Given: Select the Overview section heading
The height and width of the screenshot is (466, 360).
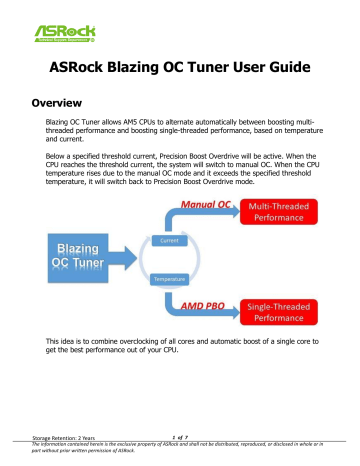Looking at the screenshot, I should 67,104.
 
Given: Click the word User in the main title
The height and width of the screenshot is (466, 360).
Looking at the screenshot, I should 250,69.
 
